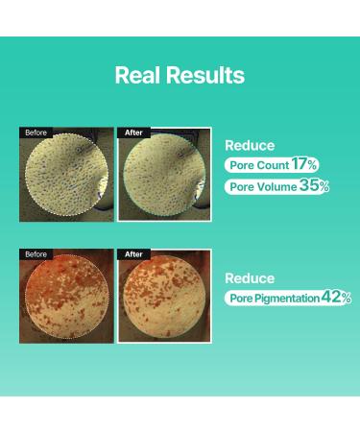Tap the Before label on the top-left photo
coord(36,132)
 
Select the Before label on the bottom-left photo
coord(36,254)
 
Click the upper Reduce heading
coord(250,146)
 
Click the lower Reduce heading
coord(250,277)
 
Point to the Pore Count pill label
coord(254,165)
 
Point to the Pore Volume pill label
coord(259,186)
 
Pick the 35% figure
coord(313,185)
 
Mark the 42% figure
coord(336,299)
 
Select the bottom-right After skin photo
coord(162,298)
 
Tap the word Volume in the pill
coord(274,186)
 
